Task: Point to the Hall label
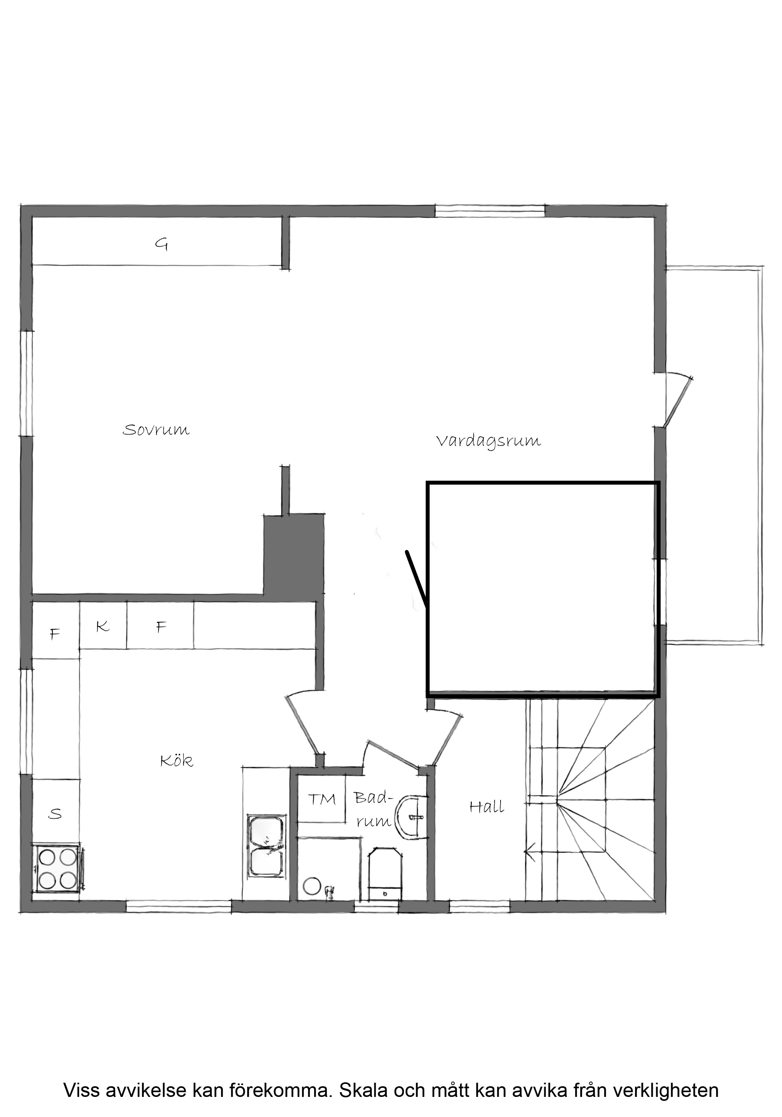pyautogui.click(x=487, y=807)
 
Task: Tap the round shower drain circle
pyautogui.click(x=311, y=887)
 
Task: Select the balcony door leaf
pyautogui.click(x=678, y=402)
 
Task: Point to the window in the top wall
pyautogui.click(x=490, y=211)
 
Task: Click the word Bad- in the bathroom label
pyautogui.click(x=373, y=798)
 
